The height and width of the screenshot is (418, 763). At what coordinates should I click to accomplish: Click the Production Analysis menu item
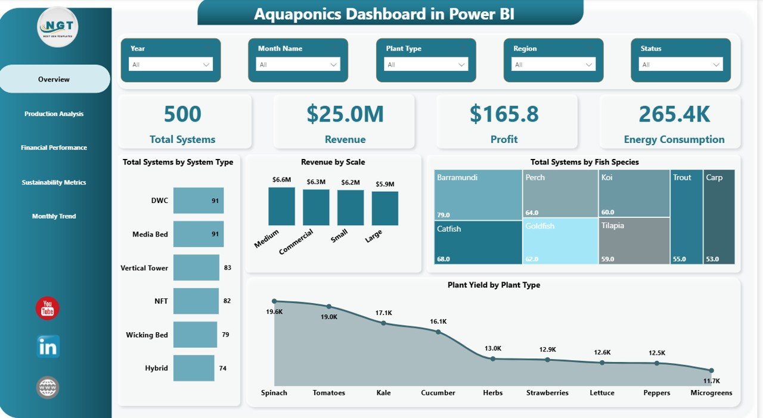pos(54,114)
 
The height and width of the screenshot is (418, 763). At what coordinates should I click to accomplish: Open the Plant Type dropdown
pos(426,64)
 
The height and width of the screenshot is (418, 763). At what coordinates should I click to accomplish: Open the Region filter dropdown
pos(553,64)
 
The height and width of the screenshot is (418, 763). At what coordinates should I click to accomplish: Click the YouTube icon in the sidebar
pos(48,308)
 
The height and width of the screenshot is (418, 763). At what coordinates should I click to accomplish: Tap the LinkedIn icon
pos(48,347)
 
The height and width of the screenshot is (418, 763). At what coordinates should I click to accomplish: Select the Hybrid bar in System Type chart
pos(194,368)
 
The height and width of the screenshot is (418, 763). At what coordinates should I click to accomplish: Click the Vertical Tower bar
pos(196,268)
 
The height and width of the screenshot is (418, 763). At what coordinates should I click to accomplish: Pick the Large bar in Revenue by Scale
pos(385,208)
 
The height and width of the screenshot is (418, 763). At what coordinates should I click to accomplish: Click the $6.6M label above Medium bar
pos(281,179)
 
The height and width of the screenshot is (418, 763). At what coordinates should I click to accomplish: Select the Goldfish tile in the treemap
pos(560,241)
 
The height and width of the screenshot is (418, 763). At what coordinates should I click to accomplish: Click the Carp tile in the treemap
pos(719,217)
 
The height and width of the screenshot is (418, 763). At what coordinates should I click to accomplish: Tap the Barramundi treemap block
pos(478,194)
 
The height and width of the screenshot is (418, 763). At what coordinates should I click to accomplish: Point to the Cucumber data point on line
pos(438,332)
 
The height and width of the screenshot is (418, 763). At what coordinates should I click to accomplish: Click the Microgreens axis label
pos(711,393)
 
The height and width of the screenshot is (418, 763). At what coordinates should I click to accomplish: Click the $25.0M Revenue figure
pos(345,114)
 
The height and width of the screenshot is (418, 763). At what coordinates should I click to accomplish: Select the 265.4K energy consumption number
pos(674,114)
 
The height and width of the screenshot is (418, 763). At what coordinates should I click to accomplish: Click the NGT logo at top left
pos(57,27)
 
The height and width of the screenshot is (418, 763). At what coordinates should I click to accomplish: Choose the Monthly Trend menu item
pos(54,216)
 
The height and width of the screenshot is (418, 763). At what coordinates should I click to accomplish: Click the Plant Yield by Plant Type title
pos(494,285)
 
